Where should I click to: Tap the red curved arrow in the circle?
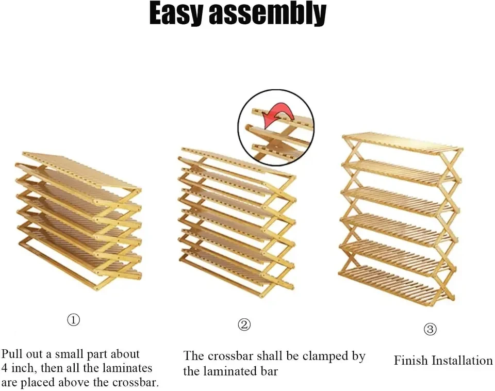[x=277, y=115]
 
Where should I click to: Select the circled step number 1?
[x=74, y=320]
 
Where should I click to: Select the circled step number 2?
[x=244, y=324]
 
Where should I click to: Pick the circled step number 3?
[x=430, y=330]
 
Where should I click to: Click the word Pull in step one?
[x=12, y=354]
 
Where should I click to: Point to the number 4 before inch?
[x=5, y=368]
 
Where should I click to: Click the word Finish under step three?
[x=411, y=361]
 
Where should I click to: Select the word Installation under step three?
[x=462, y=361]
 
